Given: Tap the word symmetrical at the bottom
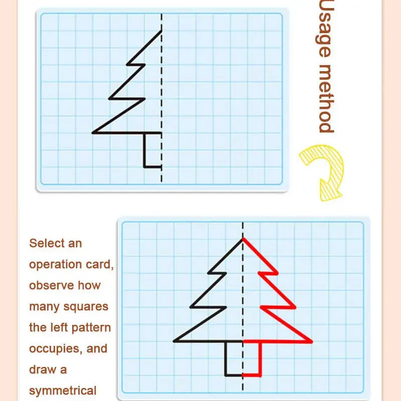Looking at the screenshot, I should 63,390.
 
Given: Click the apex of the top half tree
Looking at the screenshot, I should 161,31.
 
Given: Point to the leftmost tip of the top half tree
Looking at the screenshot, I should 93,133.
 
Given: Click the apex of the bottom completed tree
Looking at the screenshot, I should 243,238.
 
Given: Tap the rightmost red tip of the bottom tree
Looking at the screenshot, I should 312,342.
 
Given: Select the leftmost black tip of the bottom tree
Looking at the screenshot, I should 174,342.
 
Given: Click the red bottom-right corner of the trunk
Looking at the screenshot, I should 261,375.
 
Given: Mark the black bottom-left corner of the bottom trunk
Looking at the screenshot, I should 226,375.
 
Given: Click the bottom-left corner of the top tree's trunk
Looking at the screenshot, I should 144,166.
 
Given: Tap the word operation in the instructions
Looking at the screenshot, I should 58,265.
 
